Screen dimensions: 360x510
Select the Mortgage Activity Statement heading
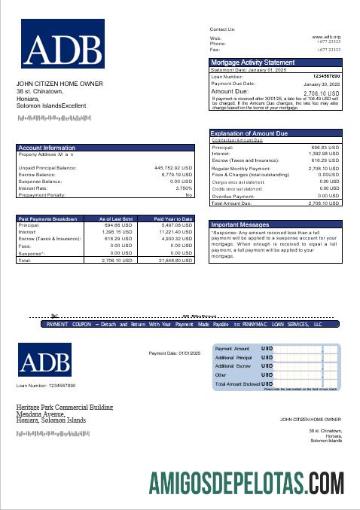point(252,62)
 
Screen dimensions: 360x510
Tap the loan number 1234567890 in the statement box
point(326,77)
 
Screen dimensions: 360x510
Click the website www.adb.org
point(326,36)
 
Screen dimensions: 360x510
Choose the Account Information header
point(47,148)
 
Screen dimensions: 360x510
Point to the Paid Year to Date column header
point(173,218)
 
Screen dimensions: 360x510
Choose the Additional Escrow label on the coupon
point(233,365)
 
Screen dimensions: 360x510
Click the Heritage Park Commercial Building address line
point(65,407)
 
